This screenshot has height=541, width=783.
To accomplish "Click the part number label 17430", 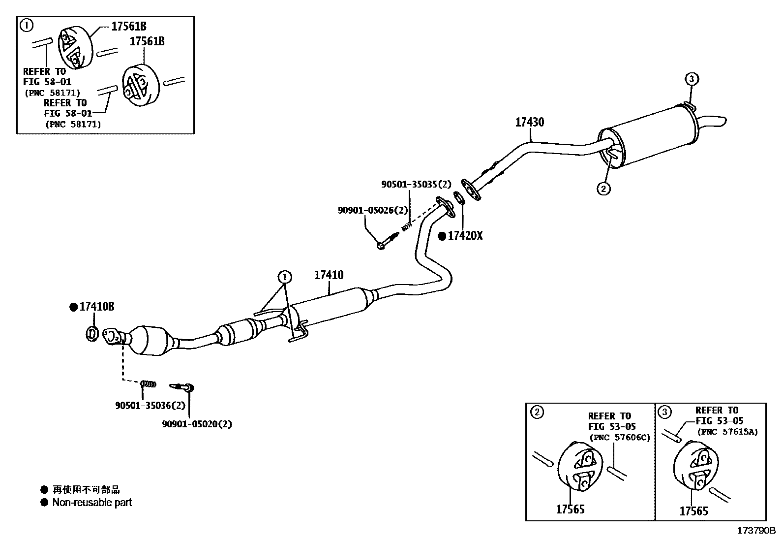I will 529,122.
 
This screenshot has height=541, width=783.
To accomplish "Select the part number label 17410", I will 329,275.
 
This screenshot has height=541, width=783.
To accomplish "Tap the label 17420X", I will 465,236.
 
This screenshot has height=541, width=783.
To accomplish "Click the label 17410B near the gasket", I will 96,307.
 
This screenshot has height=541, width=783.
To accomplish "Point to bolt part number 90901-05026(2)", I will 373,210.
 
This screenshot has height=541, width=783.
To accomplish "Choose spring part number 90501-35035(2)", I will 416,185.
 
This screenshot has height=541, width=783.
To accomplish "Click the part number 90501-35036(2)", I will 151,405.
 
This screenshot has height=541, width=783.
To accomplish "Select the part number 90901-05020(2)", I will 197,423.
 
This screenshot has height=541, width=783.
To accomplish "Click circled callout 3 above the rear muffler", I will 691,79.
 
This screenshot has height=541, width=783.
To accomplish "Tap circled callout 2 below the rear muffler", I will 603,188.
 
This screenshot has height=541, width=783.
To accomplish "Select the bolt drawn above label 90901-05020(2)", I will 182,387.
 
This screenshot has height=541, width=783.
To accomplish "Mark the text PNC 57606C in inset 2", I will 620,438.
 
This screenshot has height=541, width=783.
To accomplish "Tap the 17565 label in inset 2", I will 570,509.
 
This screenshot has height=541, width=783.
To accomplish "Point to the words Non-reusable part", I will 92,503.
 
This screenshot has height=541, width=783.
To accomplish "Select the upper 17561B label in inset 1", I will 129,27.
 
